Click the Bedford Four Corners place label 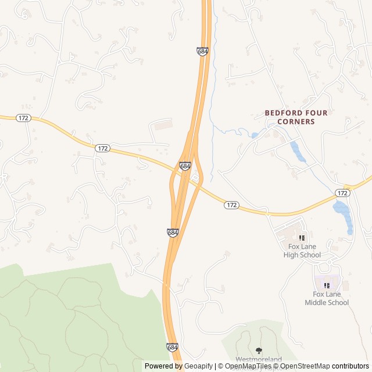click(289, 117)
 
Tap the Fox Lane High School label click(302, 251)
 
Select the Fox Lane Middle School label click(327, 298)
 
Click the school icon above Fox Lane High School click(302, 238)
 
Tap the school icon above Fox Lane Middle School click(327, 285)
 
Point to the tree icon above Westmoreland click(259, 350)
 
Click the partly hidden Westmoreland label click(258, 360)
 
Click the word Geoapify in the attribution click(198, 366)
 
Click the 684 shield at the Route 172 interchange click(185, 166)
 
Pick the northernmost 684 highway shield click(202, 51)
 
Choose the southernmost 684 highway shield click(172, 347)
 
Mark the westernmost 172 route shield click(23, 118)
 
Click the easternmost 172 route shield click(342, 192)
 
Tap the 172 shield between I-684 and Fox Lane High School click(231, 205)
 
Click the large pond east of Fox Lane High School click(342, 212)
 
